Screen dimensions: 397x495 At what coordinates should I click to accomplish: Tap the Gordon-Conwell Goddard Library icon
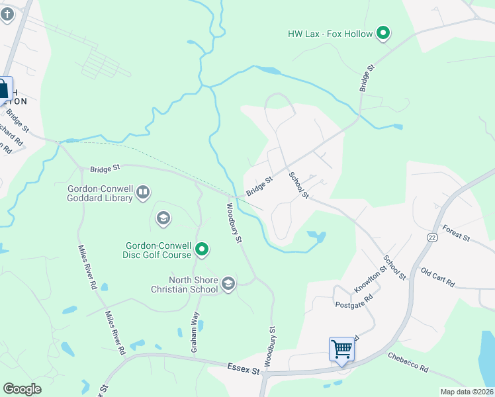click(143, 193)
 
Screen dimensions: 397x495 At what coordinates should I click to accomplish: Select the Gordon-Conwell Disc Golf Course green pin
click(202, 250)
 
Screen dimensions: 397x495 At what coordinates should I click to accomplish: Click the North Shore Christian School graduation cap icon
click(228, 284)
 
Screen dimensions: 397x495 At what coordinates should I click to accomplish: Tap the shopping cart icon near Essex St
click(341, 348)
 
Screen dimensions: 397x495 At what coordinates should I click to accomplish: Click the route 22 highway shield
click(433, 237)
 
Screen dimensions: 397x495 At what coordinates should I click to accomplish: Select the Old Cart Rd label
click(437, 277)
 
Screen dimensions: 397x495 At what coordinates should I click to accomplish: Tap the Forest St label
click(457, 233)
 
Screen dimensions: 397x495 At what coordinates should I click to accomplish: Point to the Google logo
click(22, 389)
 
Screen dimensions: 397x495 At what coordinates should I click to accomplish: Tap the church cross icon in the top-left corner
click(7, 14)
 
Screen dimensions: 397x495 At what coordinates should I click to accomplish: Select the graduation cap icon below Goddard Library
click(163, 218)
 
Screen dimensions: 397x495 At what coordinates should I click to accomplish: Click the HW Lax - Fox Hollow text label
click(329, 33)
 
